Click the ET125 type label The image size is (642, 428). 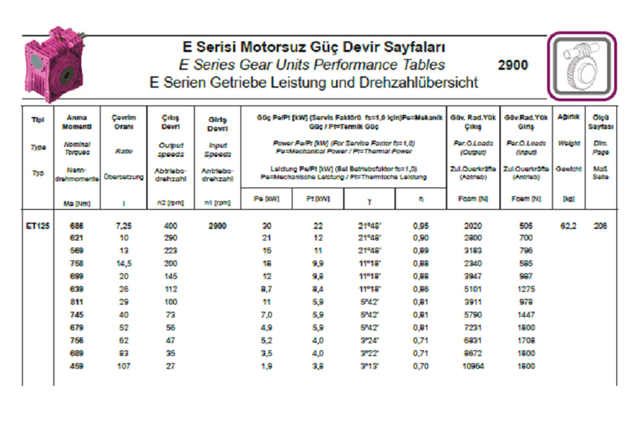point(38,226)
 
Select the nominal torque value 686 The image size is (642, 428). point(77,226)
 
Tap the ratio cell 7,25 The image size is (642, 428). point(123,226)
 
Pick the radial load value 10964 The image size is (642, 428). point(473,365)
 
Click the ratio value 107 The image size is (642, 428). point(123,365)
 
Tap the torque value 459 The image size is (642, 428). point(77,365)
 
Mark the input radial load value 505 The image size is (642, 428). point(526,226)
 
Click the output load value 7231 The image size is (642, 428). point(473,328)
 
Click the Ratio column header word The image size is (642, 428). point(123,150)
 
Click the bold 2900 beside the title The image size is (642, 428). point(512,64)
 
